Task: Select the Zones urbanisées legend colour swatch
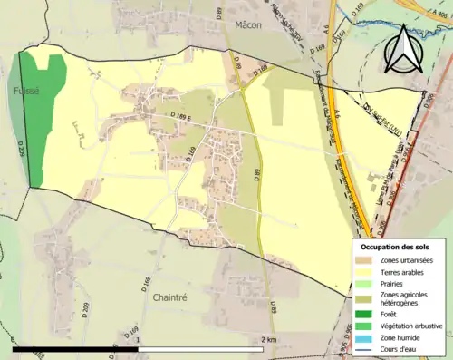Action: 361,260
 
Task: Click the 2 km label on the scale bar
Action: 268,338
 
